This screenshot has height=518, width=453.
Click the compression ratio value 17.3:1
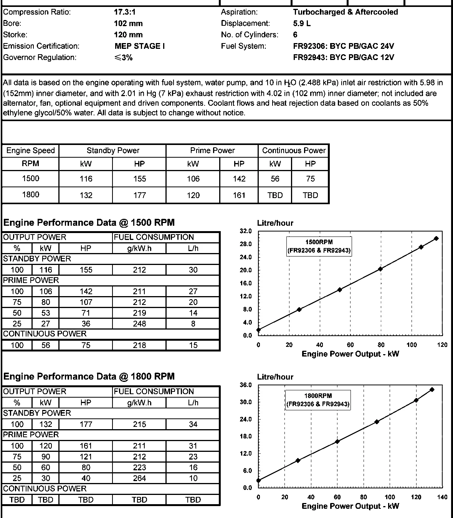pos(125,12)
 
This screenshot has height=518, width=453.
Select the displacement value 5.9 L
pos(302,23)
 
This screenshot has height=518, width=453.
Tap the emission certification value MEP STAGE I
pos(140,46)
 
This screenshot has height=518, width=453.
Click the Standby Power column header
pos(113,150)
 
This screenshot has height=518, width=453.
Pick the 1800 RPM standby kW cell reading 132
pos(86,195)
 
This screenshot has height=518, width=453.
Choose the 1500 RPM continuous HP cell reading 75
pos(310,179)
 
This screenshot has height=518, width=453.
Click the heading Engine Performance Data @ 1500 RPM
pos(89,223)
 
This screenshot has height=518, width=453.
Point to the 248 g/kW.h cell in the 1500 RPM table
pos(139,324)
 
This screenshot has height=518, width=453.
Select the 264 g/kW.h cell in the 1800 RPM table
pos(139,478)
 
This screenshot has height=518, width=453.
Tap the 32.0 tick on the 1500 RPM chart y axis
pos(246,231)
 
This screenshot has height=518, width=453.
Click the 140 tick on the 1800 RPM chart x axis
pos(442,497)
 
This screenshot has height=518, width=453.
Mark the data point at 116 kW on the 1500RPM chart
pos(436,238)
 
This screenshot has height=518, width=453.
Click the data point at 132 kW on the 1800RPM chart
pos(432,390)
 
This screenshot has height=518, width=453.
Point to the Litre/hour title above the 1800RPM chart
pos(275,377)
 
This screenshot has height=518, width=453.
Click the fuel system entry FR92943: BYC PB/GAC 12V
pos(344,58)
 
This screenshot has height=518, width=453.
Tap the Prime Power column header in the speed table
pos(212,150)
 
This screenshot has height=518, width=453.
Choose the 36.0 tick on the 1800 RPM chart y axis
pos(246,385)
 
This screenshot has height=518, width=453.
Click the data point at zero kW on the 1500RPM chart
pos(258,330)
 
